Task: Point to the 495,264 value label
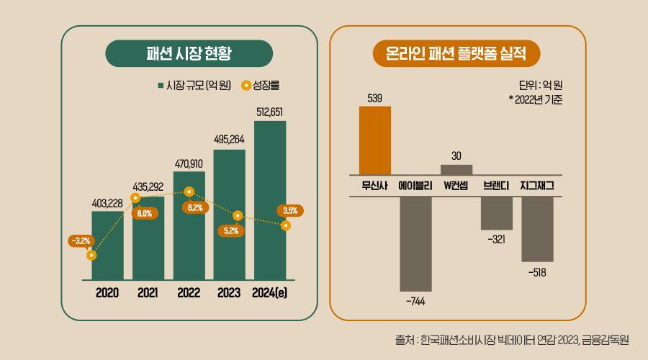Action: coord(230,140)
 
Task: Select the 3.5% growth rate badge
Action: coord(290,211)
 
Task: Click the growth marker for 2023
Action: coord(238,215)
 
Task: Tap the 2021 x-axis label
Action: coord(148,293)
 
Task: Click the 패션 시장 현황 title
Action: coord(189,53)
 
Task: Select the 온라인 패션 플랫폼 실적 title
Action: coord(456,53)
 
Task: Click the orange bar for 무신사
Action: coord(375,140)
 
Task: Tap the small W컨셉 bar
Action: coord(456,169)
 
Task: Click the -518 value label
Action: coord(537,272)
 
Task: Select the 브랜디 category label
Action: coord(497,186)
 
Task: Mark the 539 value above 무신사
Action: coord(374,98)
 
